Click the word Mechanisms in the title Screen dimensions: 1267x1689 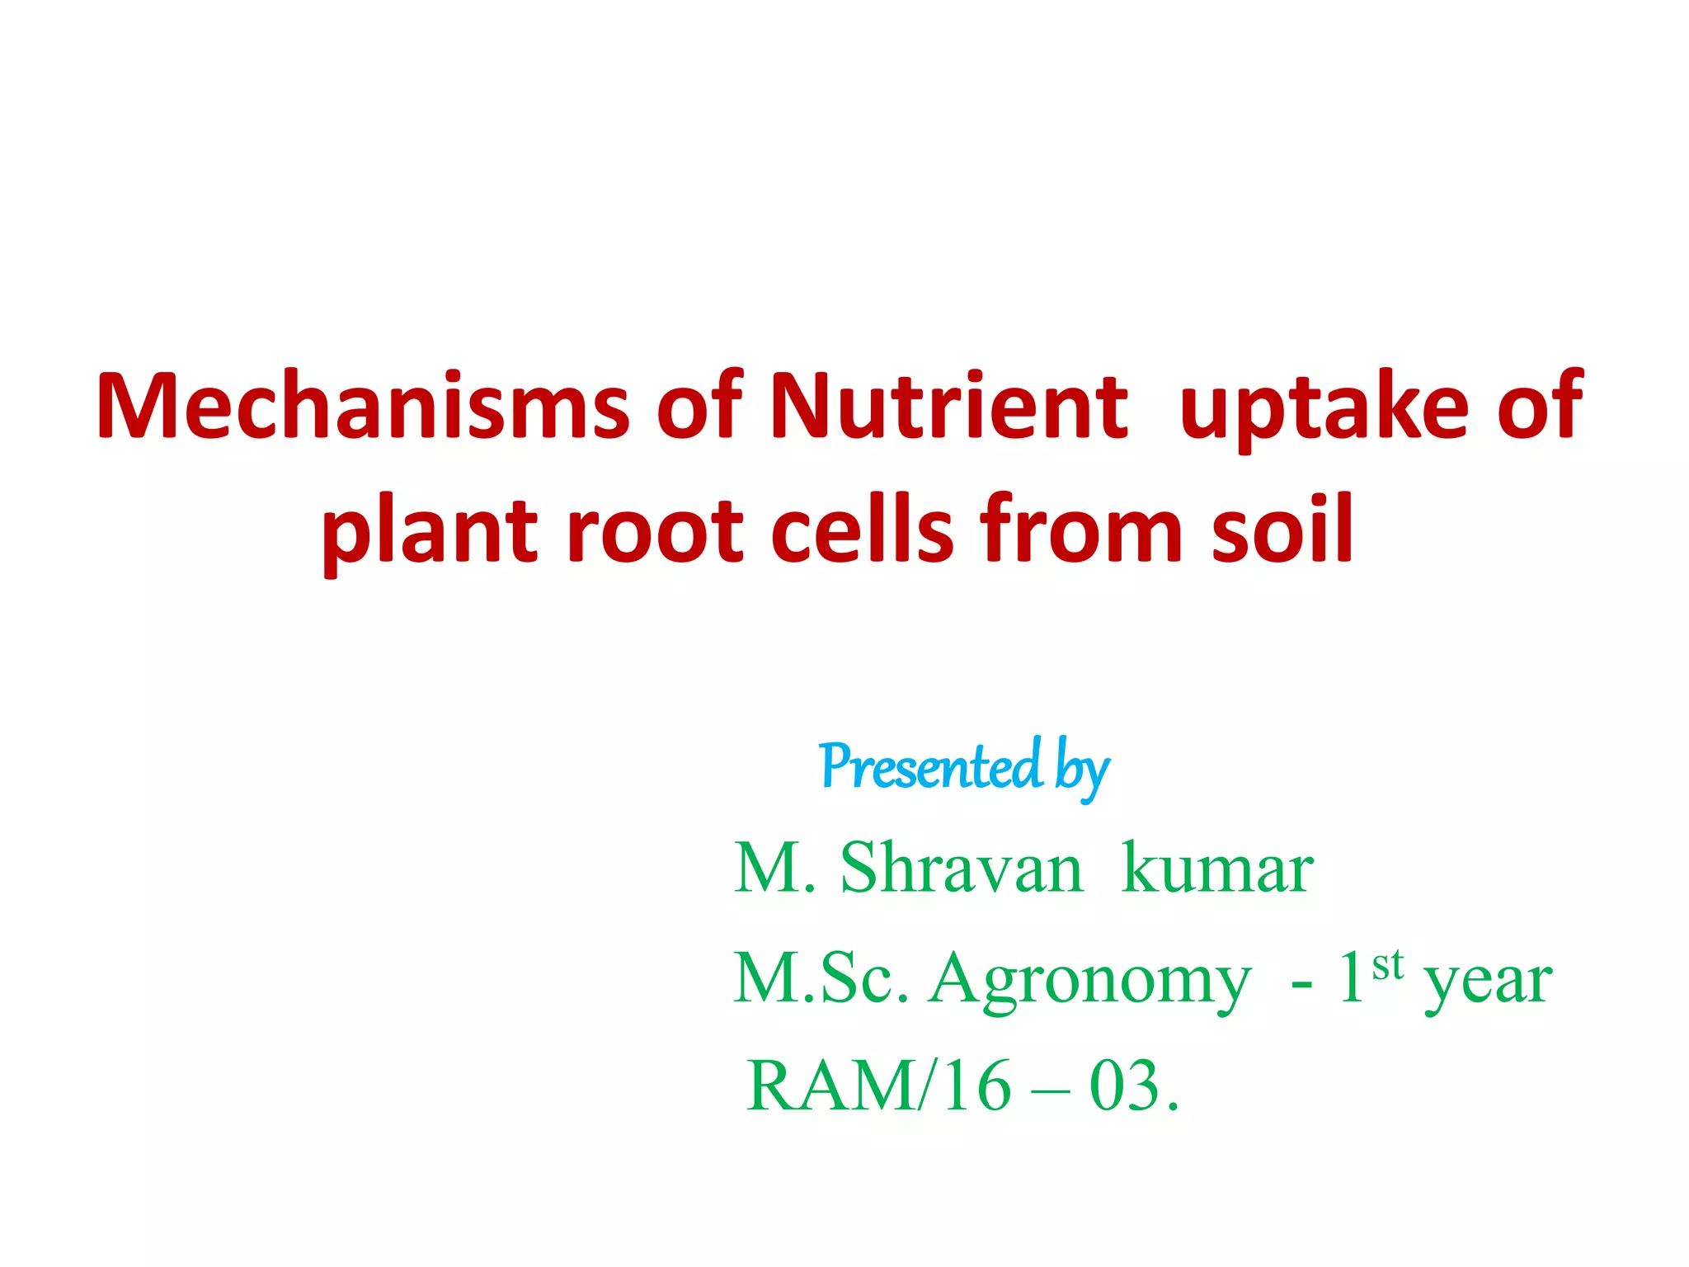(x=363, y=406)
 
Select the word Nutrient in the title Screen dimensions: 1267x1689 (x=948, y=406)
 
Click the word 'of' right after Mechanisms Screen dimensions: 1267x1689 (x=699, y=406)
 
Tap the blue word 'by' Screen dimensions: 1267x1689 (x=1082, y=770)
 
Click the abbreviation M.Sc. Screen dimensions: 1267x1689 (x=821, y=978)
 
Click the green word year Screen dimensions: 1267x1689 (x=1488, y=983)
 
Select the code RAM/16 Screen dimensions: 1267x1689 (x=878, y=1086)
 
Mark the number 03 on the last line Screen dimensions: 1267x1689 (x=1125, y=1086)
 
